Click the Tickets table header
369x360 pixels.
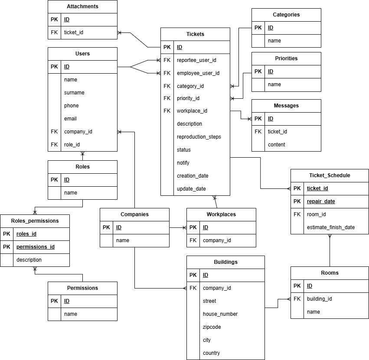(x=195, y=34)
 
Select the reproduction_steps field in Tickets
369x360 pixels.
(x=199, y=137)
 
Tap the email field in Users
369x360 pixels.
(x=70, y=119)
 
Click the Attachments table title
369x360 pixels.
(x=82, y=6)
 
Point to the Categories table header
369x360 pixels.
(x=286, y=15)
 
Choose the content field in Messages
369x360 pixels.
(x=276, y=145)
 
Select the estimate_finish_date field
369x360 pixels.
(x=330, y=227)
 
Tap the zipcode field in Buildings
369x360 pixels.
(x=212, y=327)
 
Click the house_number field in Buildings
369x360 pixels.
(x=220, y=314)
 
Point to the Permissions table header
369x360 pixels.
(x=82, y=288)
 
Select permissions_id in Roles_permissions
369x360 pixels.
(x=36, y=247)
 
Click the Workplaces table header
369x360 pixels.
(x=221, y=214)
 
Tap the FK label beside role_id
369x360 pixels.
(x=54, y=145)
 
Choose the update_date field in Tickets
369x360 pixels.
(x=191, y=189)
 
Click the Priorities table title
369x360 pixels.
(x=286, y=58)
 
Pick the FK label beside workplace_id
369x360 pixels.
(x=167, y=111)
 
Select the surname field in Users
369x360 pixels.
(x=74, y=93)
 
